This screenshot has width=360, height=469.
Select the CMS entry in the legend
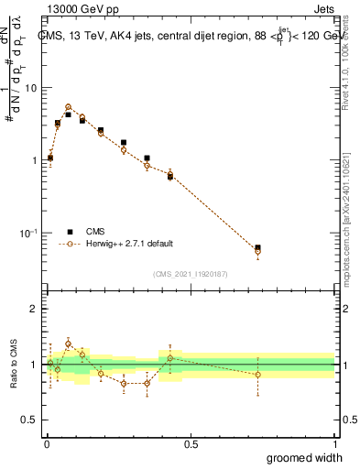[95, 232]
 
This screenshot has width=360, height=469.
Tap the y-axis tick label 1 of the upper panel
[35, 160]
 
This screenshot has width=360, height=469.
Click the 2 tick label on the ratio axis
[35, 309]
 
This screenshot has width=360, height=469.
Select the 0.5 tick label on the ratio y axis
[30, 420]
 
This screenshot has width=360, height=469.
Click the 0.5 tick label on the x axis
[191, 444]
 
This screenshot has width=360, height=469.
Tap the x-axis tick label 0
[47, 444]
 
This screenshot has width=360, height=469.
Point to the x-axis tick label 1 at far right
[335, 444]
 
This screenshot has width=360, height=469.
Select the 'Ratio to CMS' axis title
[16, 364]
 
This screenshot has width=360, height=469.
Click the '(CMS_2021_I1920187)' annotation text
[191, 272]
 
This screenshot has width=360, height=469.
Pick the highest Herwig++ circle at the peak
[68, 107]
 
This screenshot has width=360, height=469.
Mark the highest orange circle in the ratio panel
[68, 344]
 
